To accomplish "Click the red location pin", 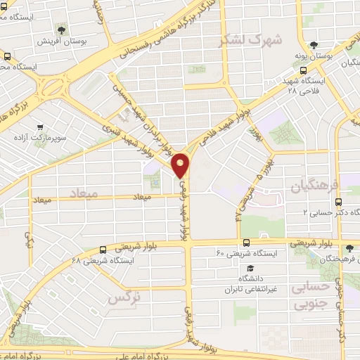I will click(x=181, y=165).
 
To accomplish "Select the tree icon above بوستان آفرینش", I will click(x=63, y=30).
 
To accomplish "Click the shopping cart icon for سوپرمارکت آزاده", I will click(x=39, y=128).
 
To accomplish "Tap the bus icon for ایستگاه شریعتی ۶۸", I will click(x=103, y=249).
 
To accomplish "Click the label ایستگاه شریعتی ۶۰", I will click(x=247, y=252).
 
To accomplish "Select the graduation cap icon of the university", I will click(x=250, y=269).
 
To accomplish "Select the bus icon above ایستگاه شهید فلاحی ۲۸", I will click(x=303, y=71).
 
